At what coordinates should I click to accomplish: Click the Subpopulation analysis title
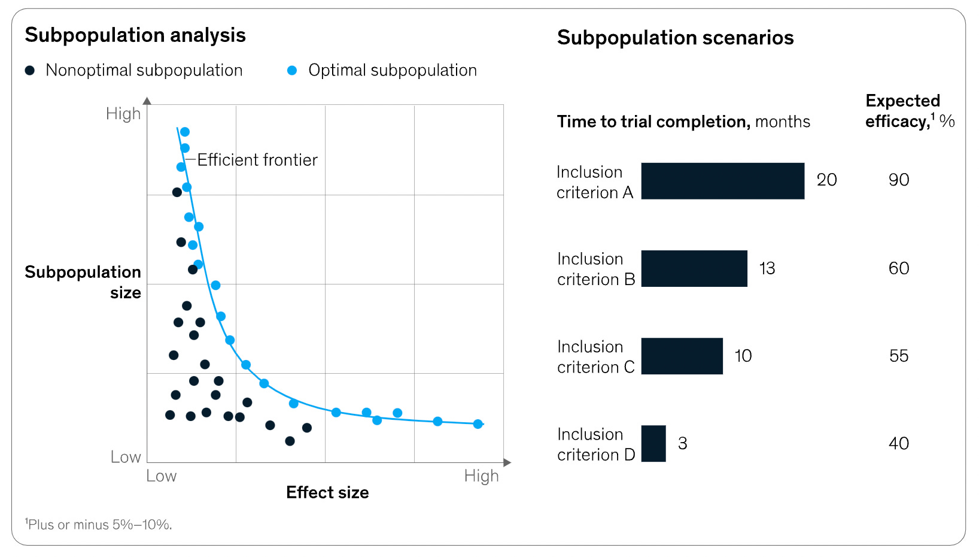(135, 35)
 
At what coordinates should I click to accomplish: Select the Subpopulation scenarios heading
(675, 38)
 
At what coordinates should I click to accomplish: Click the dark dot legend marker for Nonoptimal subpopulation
(29, 71)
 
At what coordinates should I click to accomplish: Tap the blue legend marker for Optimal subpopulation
(292, 71)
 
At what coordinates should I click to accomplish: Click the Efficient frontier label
(257, 160)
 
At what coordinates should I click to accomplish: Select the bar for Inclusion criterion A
(722, 181)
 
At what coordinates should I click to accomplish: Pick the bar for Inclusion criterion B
(694, 268)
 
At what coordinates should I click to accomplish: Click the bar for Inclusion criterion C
(682, 356)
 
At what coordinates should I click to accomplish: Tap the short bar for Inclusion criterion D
(653, 443)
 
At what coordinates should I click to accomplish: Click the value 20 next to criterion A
(826, 180)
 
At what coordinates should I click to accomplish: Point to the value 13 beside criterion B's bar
(767, 268)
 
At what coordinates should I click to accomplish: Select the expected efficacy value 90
(898, 180)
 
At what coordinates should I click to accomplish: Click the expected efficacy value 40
(898, 443)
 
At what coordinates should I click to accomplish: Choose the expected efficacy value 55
(898, 356)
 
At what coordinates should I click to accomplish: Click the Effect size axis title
(327, 492)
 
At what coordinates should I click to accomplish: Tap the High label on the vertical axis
(123, 114)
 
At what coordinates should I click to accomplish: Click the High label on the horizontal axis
(481, 476)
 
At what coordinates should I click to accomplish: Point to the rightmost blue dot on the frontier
(478, 424)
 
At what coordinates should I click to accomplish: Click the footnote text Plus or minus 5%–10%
(99, 525)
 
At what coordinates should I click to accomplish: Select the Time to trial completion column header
(683, 122)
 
